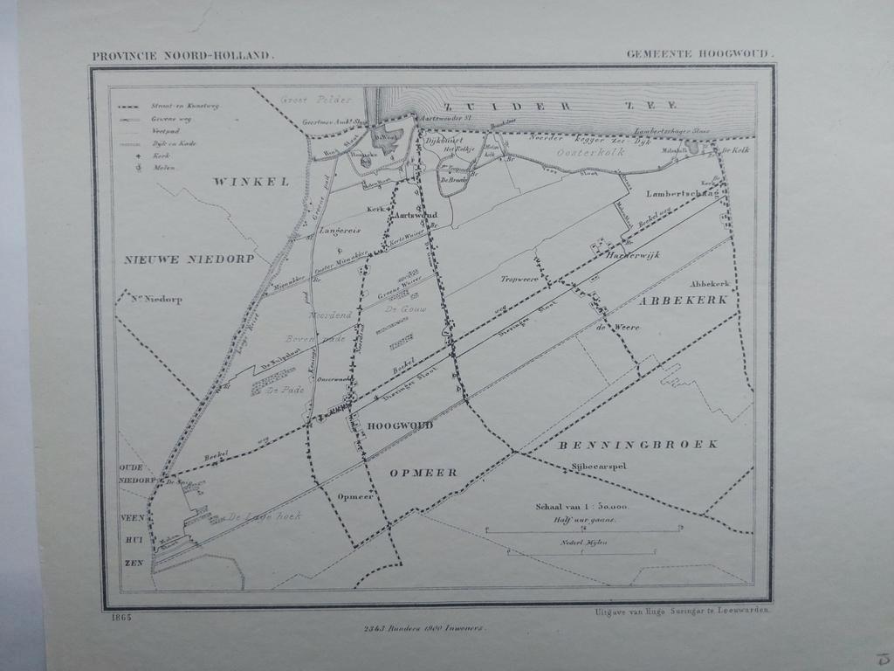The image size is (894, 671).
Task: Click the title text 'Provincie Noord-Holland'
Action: pyautogui.click(x=182, y=57)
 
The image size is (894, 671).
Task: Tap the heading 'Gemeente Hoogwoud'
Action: pyautogui.click(x=698, y=54)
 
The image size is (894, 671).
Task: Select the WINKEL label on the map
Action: pyautogui.click(x=238, y=182)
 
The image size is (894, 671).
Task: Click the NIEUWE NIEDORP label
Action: pyautogui.click(x=189, y=259)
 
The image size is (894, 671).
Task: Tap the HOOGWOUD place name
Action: pyautogui.click(x=400, y=425)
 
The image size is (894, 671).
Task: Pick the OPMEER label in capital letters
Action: pyautogui.click(x=423, y=473)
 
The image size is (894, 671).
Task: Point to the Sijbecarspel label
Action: pyautogui.click(x=600, y=466)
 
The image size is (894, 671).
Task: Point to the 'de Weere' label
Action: pyautogui.click(x=617, y=328)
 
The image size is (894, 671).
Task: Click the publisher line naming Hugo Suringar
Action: pyautogui.click(x=681, y=612)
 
